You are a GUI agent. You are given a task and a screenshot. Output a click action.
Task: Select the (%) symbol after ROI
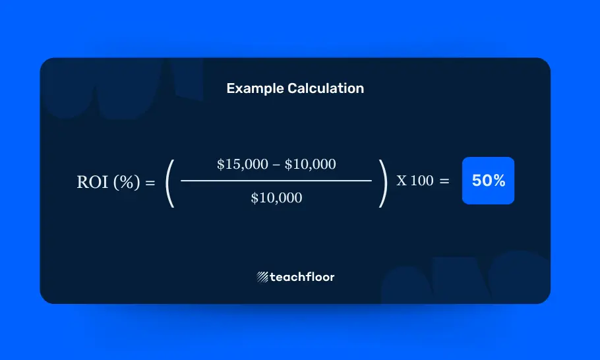click(x=127, y=183)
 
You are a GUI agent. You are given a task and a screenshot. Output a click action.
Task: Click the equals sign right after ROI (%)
click(x=150, y=183)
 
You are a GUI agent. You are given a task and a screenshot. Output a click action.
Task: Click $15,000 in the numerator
click(x=242, y=165)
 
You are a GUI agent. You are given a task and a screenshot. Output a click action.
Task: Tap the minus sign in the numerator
click(x=276, y=165)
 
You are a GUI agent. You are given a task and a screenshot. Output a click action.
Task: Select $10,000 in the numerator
click(x=310, y=165)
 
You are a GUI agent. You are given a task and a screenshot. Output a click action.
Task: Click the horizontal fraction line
click(x=276, y=181)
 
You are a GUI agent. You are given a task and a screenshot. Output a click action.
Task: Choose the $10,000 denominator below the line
click(x=276, y=198)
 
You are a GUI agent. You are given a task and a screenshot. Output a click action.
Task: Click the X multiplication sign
click(x=402, y=181)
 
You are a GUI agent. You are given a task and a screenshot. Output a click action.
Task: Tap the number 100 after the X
click(x=422, y=181)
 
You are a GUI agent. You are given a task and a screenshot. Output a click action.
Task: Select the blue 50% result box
click(x=488, y=181)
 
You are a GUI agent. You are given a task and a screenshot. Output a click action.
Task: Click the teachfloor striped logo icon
click(x=262, y=277)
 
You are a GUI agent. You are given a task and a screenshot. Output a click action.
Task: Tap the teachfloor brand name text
click(x=302, y=277)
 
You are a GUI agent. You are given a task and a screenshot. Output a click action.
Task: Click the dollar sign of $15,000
click(x=220, y=165)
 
